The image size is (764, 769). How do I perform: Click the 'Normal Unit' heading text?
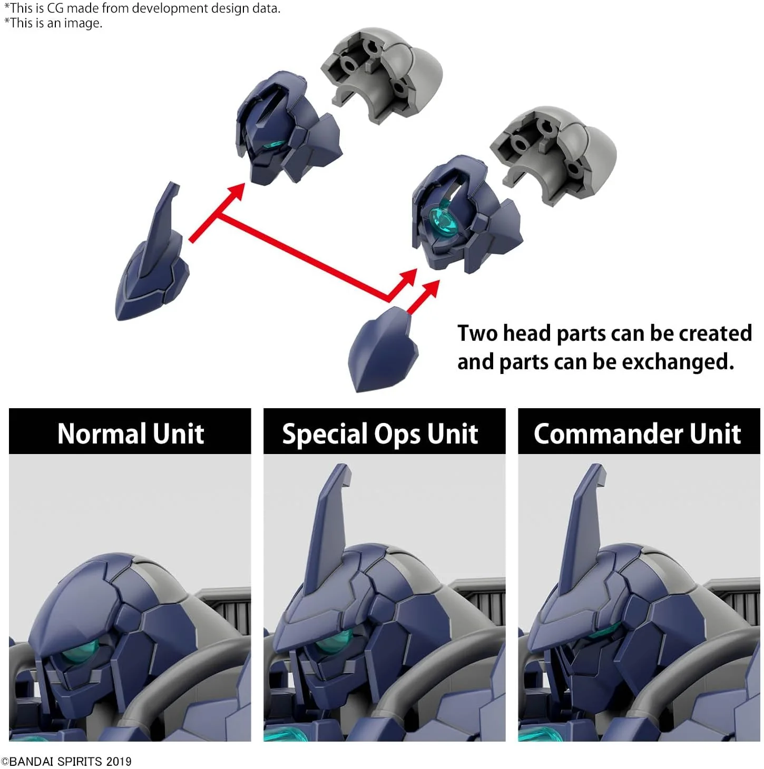(x=131, y=433)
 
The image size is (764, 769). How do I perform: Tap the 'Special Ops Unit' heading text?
(x=380, y=434)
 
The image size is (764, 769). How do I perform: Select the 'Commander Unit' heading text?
(x=638, y=433)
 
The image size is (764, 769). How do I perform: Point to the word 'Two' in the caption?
(x=478, y=333)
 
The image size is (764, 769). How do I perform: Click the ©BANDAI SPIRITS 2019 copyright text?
(x=66, y=761)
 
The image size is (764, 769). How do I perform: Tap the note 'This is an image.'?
(x=54, y=23)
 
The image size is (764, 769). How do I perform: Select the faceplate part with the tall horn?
(x=152, y=252)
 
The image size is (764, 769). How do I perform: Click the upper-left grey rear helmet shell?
(x=381, y=74)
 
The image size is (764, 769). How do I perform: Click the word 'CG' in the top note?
(x=55, y=8)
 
